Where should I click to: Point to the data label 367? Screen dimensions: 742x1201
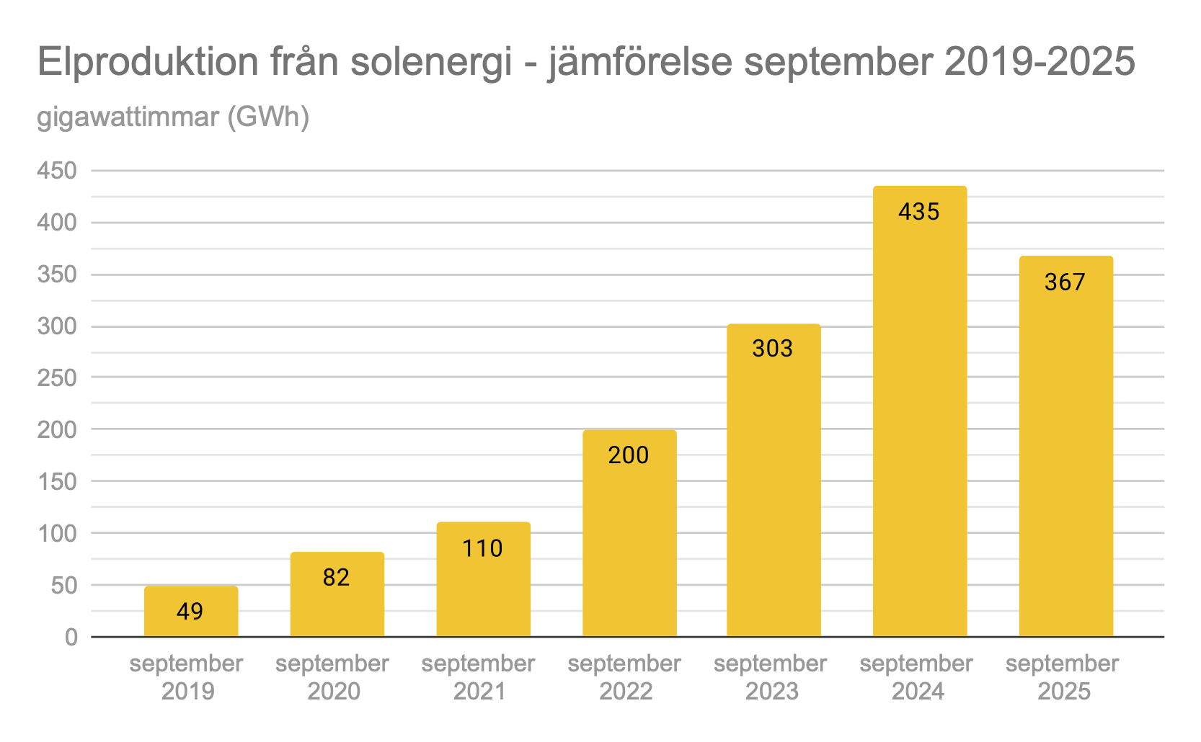(x=1065, y=282)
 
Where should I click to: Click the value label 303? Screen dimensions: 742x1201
(x=772, y=349)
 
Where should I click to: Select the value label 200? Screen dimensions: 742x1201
(x=628, y=455)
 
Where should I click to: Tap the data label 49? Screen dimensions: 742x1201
(x=190, y=612)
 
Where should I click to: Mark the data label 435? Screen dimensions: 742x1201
(x=918, y=212)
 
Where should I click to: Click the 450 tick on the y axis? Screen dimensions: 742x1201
(x=57, y=171)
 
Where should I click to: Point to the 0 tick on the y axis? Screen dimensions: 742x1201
(x=71, y=637)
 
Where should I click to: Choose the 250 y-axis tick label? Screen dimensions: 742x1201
(x=57, y=377)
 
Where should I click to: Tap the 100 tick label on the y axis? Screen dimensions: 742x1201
(x=57, y=533)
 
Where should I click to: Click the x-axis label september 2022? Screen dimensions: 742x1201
(x=624, y=677)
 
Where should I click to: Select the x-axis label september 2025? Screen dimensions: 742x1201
(x=1063, y=677)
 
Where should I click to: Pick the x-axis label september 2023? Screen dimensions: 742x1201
(x=771, y=677)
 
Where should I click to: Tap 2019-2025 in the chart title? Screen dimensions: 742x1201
(x=1040, y=62)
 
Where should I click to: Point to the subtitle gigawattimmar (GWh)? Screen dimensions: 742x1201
(x=173, y=117)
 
